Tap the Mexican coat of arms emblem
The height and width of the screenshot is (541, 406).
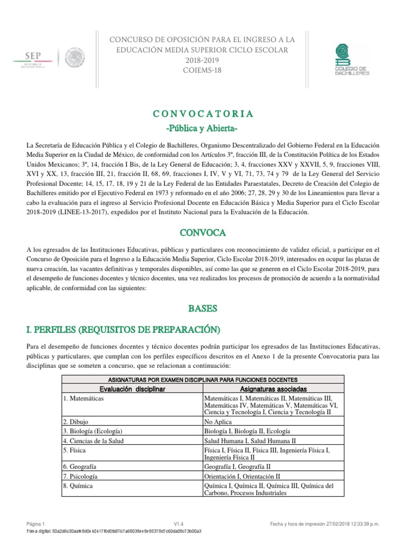click(x=75, y=58)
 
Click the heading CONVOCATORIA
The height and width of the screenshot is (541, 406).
click(x=202, y=114)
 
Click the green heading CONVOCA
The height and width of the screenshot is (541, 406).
click(x=202, y=232)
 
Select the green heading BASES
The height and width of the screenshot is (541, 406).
click(x=202, y=307)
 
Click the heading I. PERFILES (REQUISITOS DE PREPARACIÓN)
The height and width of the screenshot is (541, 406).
click(x=122, y=330)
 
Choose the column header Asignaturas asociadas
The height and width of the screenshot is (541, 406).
click(x=273, y=389)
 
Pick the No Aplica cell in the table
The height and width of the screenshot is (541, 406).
click(x=218, y=422)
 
